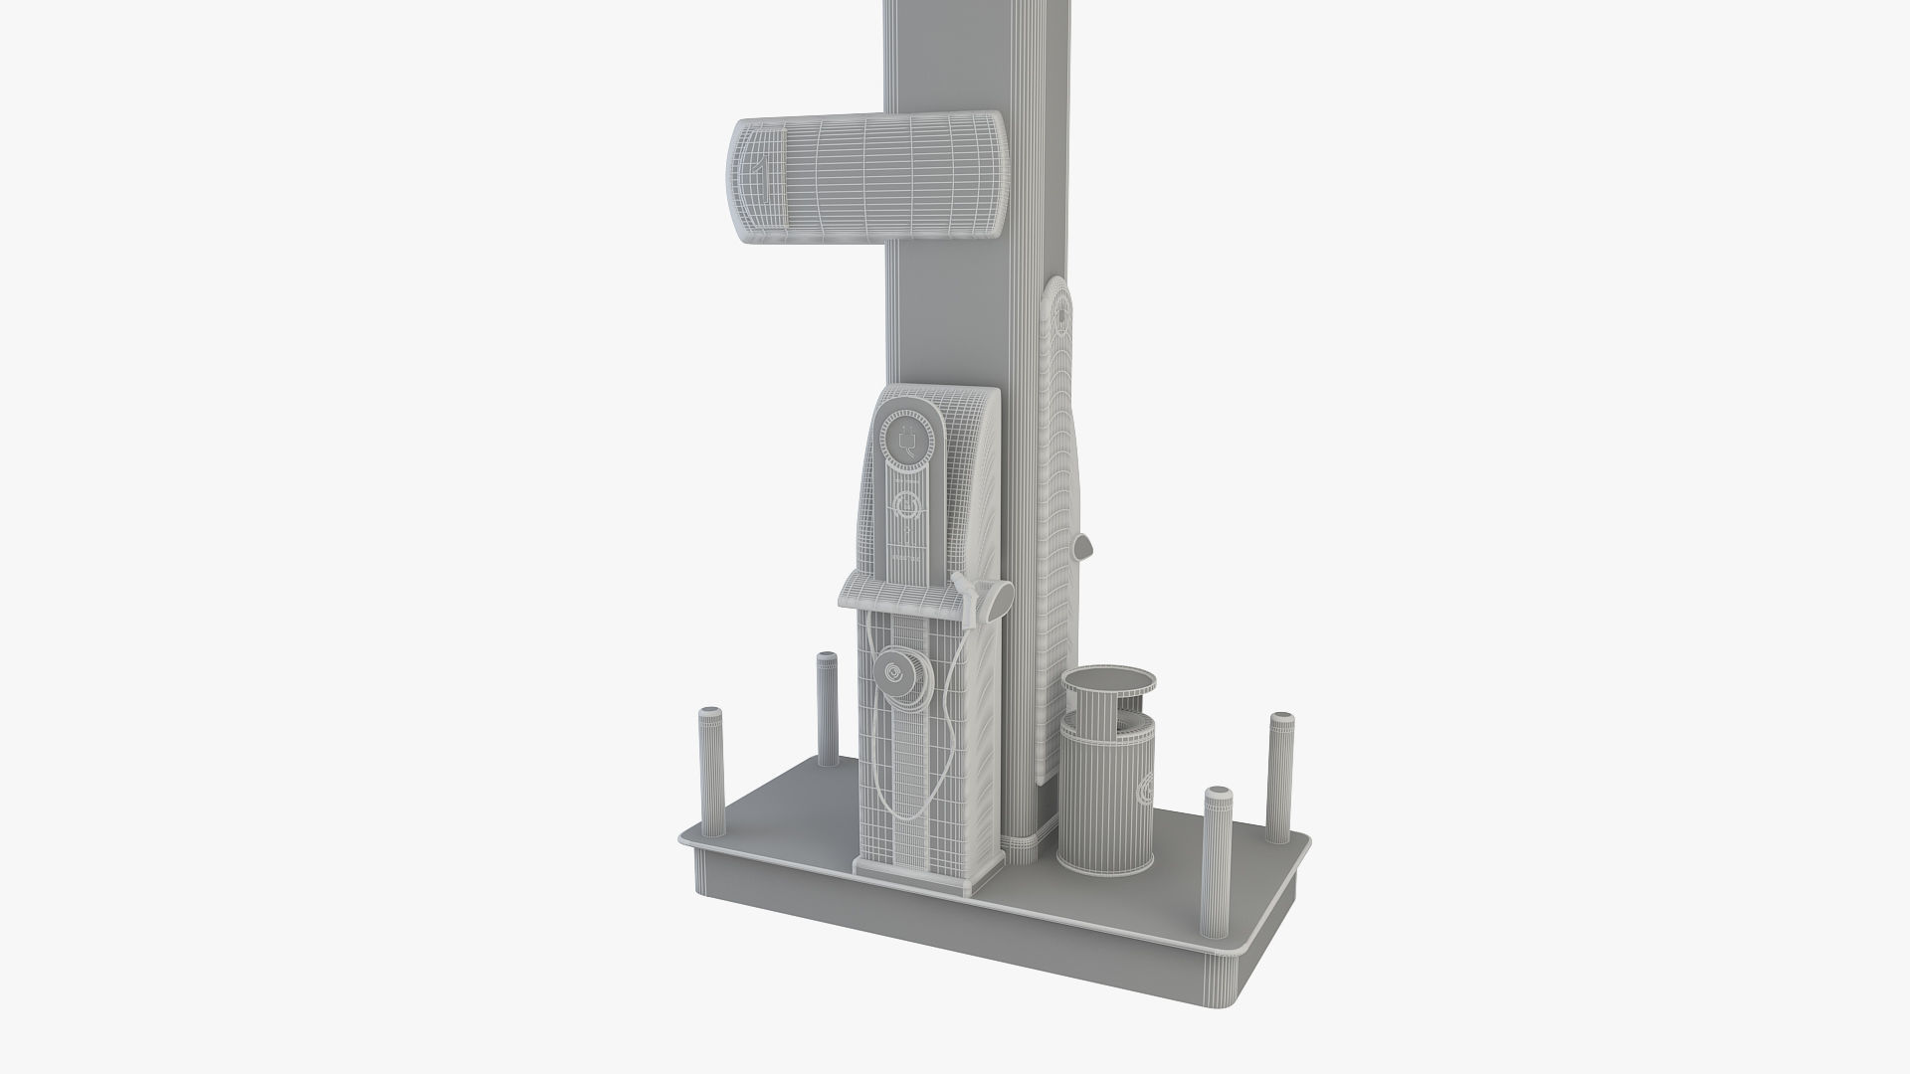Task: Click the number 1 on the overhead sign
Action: click(761, 171)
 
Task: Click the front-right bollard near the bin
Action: click(1217, 860)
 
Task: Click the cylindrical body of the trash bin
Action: click(1099, 796)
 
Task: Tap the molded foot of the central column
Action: click(1025, 841)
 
